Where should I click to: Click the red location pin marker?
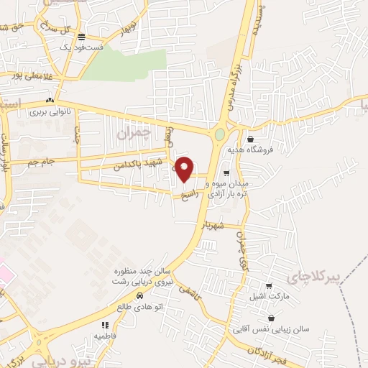185,168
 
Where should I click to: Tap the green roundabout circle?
220,134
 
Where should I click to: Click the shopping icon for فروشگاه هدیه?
249,139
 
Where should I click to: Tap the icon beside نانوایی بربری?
50,101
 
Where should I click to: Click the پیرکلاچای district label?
312,277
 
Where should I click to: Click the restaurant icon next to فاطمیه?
105,325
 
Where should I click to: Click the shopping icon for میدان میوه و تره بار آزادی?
226,172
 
